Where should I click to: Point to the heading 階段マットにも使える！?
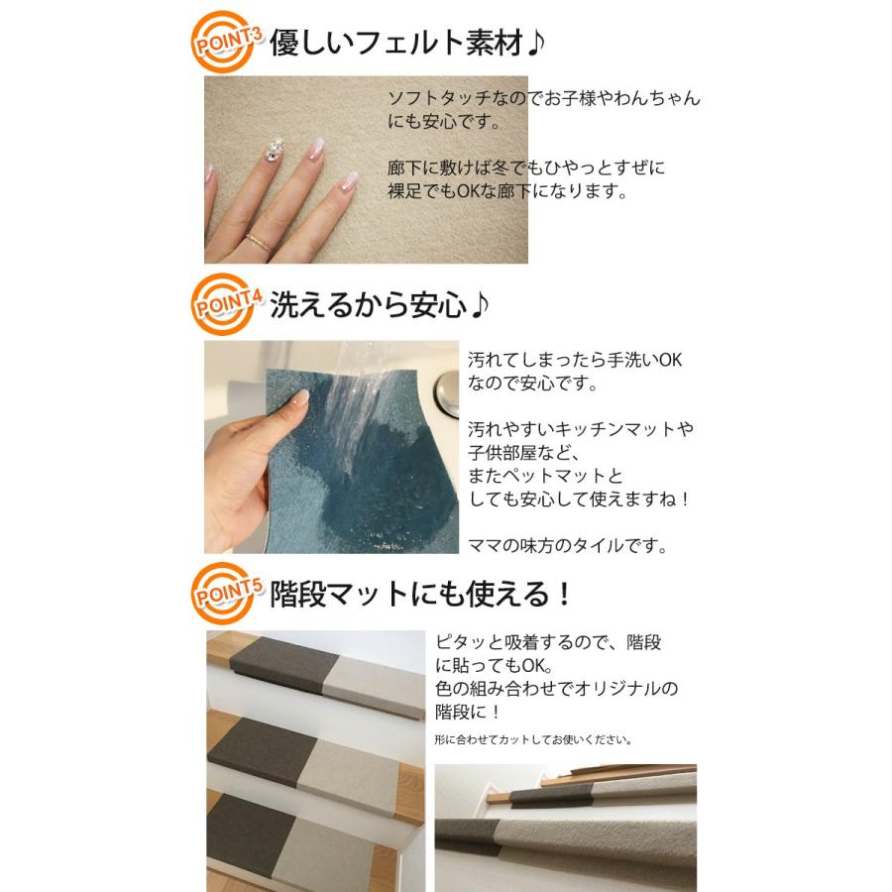point(421,595)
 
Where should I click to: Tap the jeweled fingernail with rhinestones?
point(275,150)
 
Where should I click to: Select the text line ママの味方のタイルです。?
point(567,545)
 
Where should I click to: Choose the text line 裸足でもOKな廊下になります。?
point(507,191)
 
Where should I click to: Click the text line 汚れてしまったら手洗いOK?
point(575,360)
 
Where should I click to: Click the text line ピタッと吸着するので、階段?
point(549,642)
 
